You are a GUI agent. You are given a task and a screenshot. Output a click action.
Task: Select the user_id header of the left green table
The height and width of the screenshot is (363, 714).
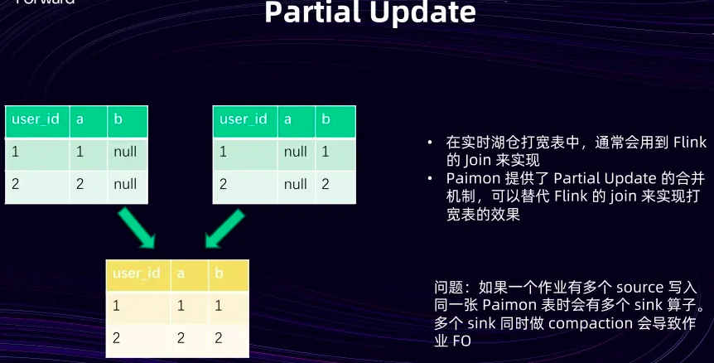tap(35, 119)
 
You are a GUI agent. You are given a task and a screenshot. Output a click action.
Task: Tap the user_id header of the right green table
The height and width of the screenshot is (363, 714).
tap(244, 119)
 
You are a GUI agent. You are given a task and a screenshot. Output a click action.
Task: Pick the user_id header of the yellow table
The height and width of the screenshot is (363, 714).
tap(137, 273)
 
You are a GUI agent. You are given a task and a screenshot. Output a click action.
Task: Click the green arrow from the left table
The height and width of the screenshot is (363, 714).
tap(137, 228)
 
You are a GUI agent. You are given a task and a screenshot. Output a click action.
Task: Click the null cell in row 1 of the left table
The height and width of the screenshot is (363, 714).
tap(125, 152)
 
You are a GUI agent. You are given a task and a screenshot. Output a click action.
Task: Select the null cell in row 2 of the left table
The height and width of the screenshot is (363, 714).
tap(125, 185)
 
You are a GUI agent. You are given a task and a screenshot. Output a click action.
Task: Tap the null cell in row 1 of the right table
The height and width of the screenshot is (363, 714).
tap(295, 152)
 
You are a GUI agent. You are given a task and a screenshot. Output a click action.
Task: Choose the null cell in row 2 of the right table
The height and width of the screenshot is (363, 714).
tap(295, 185)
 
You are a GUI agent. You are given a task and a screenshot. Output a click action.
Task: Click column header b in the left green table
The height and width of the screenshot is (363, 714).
tap(118, 119)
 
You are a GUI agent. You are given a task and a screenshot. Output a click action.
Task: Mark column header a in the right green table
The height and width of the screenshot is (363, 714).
tap(287, 119)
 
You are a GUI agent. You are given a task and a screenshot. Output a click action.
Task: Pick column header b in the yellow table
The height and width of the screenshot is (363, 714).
tap(219, 273)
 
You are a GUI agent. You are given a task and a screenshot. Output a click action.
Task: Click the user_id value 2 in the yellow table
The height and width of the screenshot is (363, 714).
tap(116, 338)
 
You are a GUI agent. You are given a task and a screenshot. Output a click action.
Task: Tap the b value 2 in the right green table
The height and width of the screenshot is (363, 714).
tap(326, 185)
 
